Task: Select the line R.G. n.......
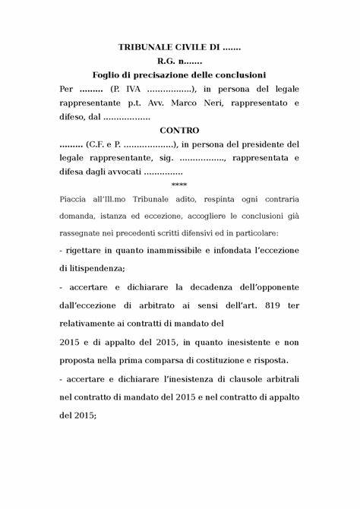(x=179, y=61)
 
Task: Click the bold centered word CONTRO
(x=179, y=130)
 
